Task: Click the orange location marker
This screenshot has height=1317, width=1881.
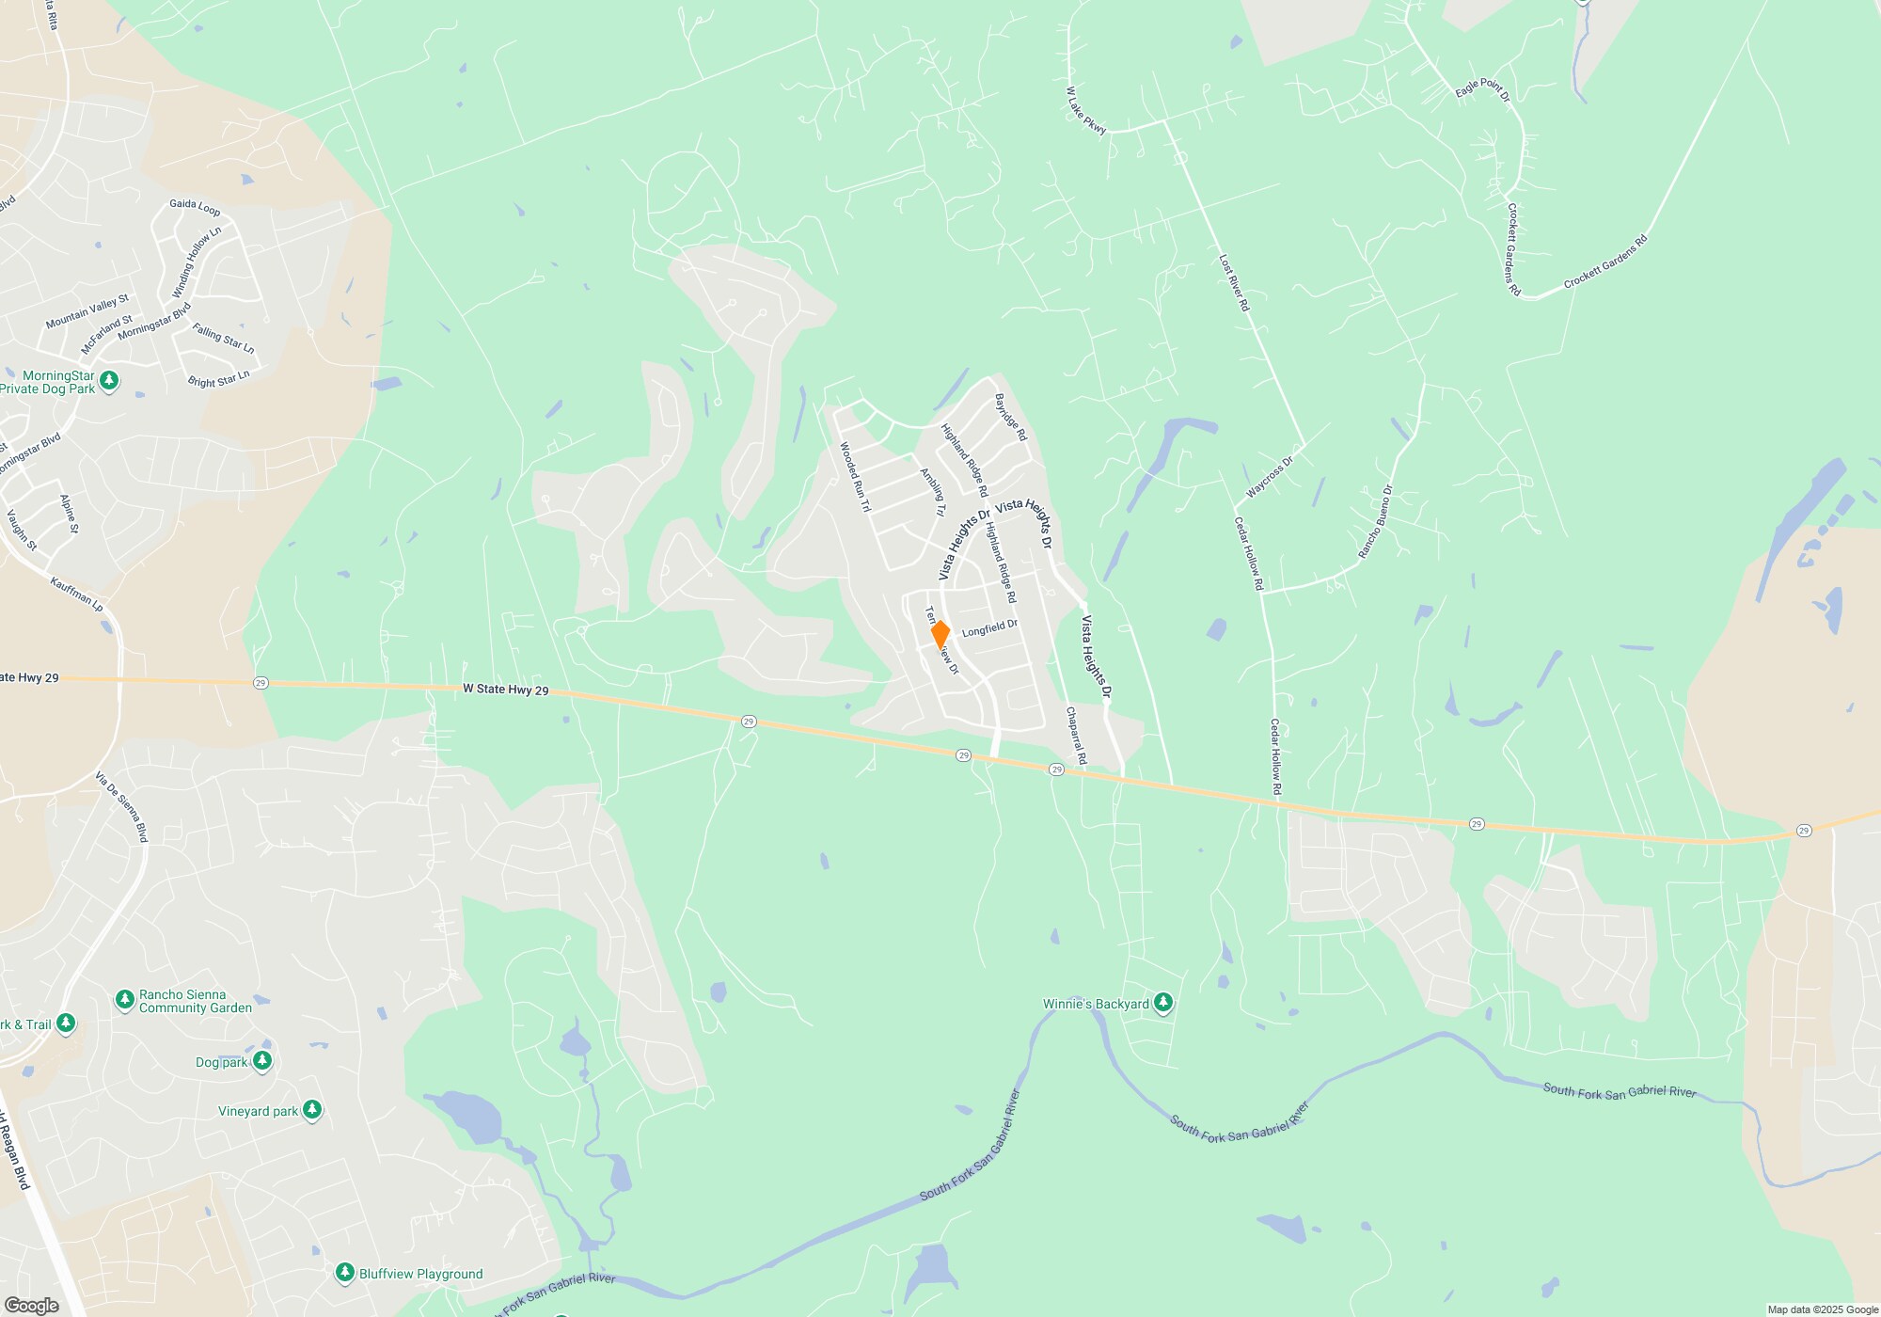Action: (x=940, y=635)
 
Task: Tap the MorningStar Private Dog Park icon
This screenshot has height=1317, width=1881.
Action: (x=109, y=381)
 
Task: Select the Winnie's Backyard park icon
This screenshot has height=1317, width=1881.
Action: (x=1163, y=1004)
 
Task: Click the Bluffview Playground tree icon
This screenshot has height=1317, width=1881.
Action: (x=344, y=1273)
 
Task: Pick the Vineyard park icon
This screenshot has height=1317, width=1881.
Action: (x=312, y=1111)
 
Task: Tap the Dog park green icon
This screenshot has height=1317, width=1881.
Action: (x=262, y=1062)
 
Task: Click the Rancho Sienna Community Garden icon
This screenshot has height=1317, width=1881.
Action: (x=124, y=1000)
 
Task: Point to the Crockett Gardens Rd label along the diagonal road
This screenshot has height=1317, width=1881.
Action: (x=1605, y=262)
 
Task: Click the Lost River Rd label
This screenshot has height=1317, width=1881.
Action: (x=1234, y=282)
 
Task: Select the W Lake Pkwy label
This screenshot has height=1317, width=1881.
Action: (x=1086, y=111)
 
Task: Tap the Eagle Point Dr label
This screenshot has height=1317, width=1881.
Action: (x=1482, y=88)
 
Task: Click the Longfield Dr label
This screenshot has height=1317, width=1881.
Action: (x=989, y=627)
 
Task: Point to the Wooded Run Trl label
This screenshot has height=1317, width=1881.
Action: (x=855, y=477)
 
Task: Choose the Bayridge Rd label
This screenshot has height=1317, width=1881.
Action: (x=1011, y=417)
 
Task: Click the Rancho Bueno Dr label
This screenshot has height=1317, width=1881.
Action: (x=1375, y=522)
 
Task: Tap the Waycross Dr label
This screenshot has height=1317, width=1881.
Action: (x=1270, y=477)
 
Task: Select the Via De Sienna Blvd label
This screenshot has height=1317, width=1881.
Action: (x=122, y=807)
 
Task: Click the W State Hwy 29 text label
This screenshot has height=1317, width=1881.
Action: (x=505, y=690)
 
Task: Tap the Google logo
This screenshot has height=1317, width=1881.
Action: (x=32, y=1306)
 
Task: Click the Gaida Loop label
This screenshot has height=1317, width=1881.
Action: (x=195, y=207)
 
